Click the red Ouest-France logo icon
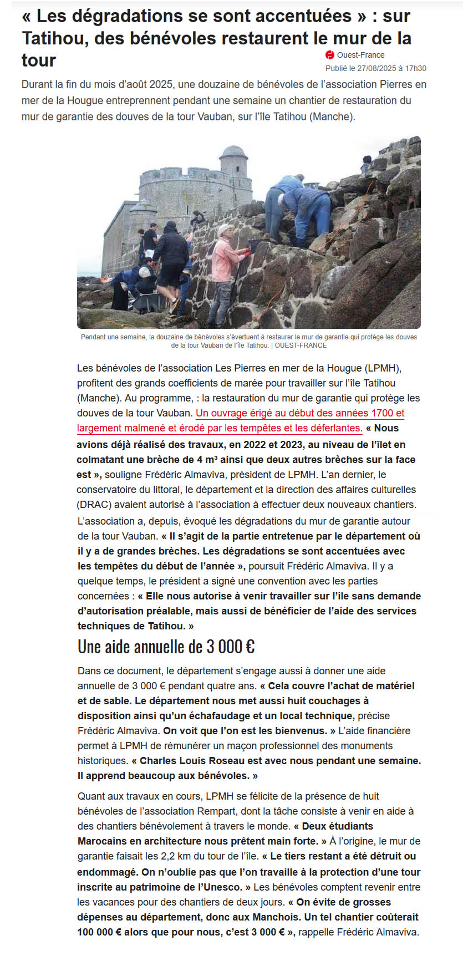tap(330, 55)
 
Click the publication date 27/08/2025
tap(377, 68)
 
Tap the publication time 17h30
tap(415, 68)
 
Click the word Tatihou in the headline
tap(53, 38)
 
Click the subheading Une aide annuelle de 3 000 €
tap(166, 647)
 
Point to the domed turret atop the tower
tap(233, 159)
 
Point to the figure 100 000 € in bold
tap(99, 932)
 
